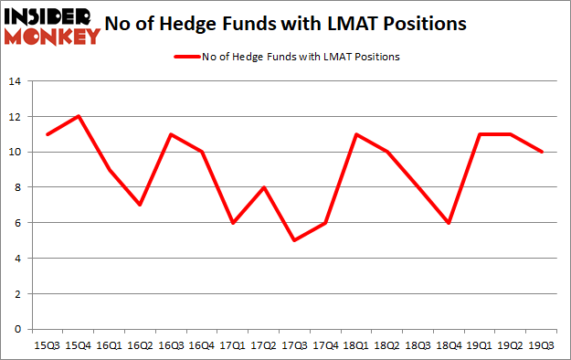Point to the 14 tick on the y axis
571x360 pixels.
click(16, 81)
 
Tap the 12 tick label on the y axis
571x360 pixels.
click(16, 117)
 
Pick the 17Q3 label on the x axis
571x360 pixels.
click(295, 345)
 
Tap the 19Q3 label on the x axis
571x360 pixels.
click(543, 345)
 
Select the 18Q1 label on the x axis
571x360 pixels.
click(357, 345)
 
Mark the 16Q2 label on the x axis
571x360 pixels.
click(140, 345)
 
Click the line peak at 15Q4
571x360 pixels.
click(78, 116)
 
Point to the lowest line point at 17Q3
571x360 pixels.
click(295, 240)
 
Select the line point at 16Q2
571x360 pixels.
click(140, 205)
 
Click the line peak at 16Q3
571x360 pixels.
click(171, 134)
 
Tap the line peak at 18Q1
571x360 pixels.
click(357, 134)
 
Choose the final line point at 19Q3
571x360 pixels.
click(543, 152)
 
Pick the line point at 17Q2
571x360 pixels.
click(264, 187)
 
